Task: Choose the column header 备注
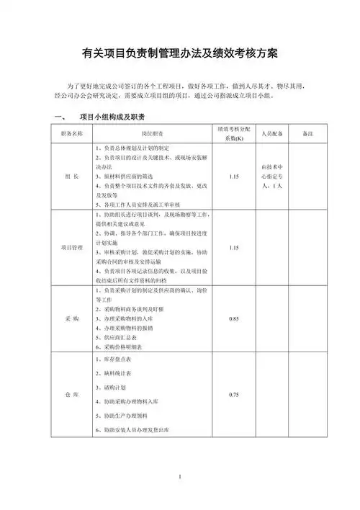click(x=307, y=134)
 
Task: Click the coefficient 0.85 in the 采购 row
click(x=233, y=318)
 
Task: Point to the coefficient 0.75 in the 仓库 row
click(x=233, y=395)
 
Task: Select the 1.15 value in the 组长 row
click(x=233, y=176)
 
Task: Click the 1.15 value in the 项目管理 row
click(x=233, y=248)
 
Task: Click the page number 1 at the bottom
click(x=180, y=478)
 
